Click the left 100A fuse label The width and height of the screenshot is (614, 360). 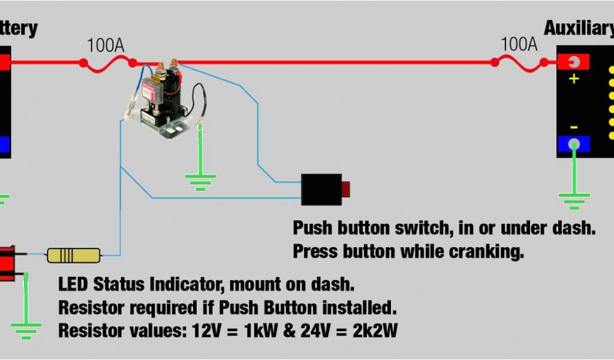click(x=106, y=45)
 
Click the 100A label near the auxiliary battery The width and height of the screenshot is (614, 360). click(x=519, y=44)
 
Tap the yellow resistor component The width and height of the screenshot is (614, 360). click(x=74, y=255)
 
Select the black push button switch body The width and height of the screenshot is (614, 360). click(x=321, y=189)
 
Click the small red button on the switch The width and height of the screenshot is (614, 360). click(x=345, y=190)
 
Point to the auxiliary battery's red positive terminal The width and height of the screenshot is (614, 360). click(x=573, y=62)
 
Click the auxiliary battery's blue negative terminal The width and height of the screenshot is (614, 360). click(x=574, y=144)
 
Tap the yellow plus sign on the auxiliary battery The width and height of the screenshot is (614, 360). click(x=574, y=79)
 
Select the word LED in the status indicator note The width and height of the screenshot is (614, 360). click(x=73, y=283)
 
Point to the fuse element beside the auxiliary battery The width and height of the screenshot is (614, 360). click(x=519, y=62)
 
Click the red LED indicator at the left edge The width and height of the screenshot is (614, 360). click(x=7, y=263)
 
